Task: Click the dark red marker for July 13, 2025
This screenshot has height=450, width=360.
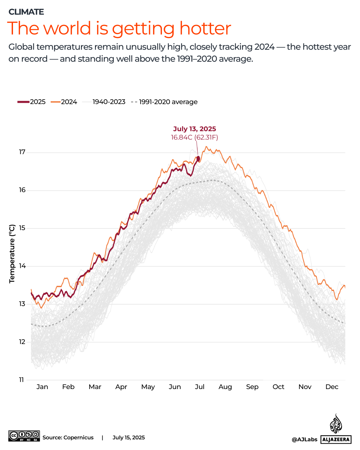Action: (198, 159)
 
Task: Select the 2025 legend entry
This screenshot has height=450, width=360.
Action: (32, 102)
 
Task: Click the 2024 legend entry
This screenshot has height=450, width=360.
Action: (64, 102)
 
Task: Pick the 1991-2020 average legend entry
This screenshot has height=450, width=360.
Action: (164, 102)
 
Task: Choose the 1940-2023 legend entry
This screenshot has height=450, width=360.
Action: (104, 102)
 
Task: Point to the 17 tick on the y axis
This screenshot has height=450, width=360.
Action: (22, 152)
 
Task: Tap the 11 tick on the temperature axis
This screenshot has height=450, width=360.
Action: (22, 380)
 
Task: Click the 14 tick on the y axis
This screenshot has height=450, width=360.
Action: (22, 266)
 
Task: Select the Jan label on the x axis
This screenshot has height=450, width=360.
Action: (42, 387)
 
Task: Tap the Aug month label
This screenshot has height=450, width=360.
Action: (225, 387)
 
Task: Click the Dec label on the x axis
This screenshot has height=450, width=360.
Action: (332, 387)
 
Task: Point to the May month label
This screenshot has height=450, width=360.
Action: (148, 387)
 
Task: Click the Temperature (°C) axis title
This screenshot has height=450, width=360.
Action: (12, 254)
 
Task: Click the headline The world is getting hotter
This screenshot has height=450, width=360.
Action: (119, 28)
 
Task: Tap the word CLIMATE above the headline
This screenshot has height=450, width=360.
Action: (26, 12)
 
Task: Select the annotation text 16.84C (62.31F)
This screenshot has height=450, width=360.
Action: (194, 137)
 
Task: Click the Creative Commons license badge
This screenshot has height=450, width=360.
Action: (24, 436)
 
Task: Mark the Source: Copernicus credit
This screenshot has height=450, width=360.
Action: (68, 438)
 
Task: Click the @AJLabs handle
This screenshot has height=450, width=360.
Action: (304, 439)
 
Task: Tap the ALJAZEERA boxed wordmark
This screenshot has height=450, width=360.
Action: (336, 439)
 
